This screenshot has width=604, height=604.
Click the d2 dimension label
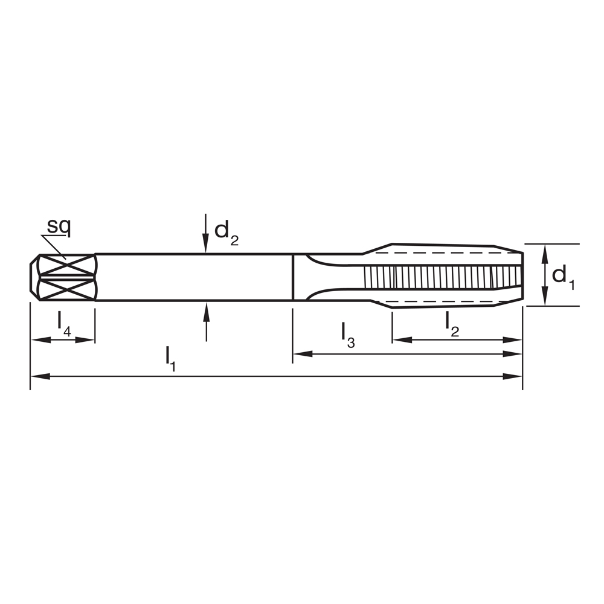[226, 232]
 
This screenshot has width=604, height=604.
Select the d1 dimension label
[562, 276]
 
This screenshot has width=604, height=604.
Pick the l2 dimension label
[452, 323]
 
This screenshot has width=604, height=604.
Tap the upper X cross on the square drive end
[66, 265]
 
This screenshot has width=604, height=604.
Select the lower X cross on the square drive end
[66, 289]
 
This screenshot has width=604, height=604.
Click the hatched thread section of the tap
[441, 277]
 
